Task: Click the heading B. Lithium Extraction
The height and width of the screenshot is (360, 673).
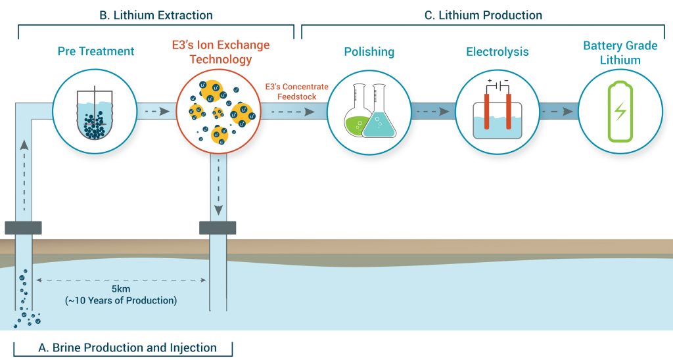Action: pos(156,14)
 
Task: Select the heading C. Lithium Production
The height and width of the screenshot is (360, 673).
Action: pos(483,14)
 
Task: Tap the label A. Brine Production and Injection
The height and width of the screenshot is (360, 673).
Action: pos(122,348)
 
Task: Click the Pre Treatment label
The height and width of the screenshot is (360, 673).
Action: pos(96,51)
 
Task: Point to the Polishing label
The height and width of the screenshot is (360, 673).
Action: pos(369,51)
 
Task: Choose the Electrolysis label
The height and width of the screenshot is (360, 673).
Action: pos(497,51)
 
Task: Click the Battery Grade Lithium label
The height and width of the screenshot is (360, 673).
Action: pos(620,53)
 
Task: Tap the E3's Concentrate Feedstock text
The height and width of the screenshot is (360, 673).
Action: pos(296,91)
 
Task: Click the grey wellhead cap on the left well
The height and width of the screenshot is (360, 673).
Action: pos(23,228)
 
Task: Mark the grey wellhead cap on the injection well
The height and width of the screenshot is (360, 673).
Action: pos(218,227)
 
